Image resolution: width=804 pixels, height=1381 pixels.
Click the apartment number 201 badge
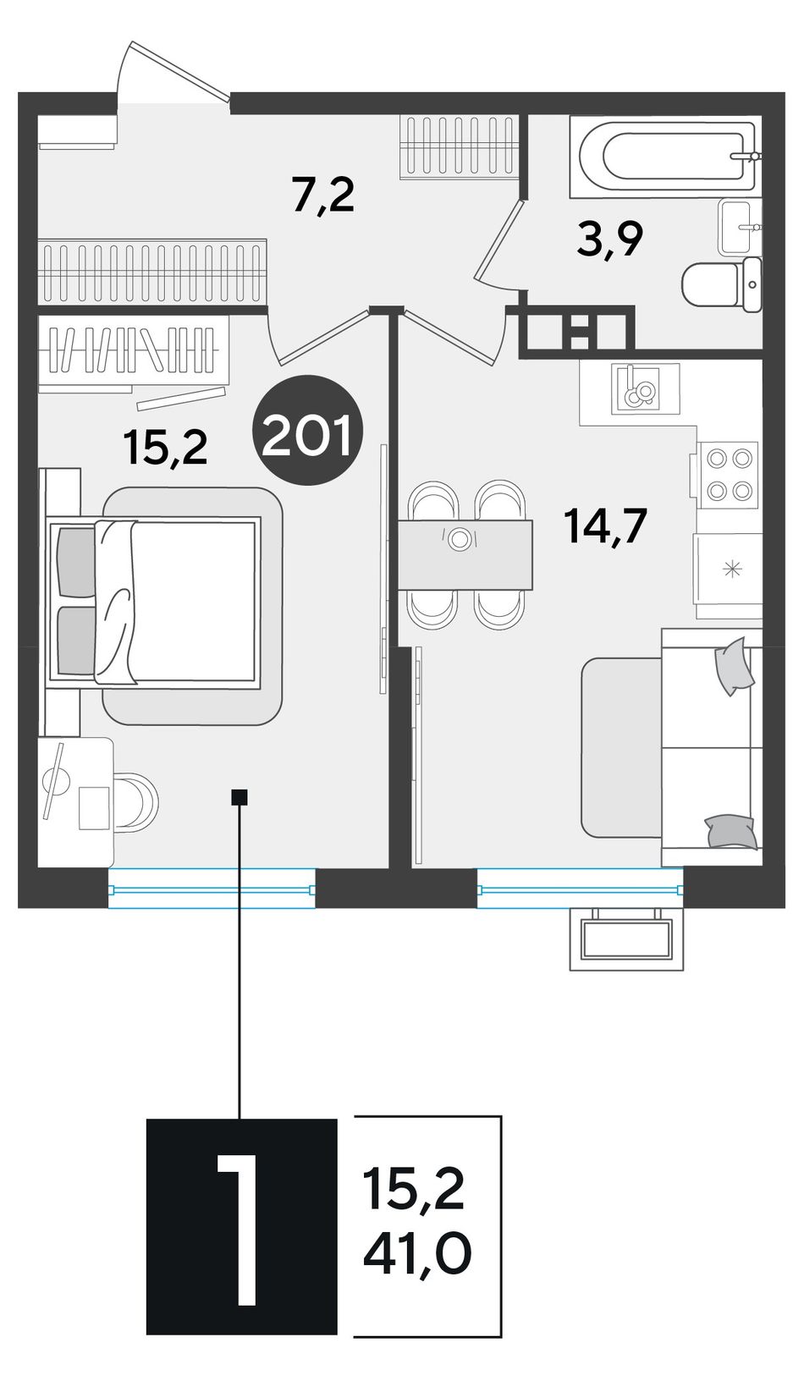pyautogui.click(x=308, y=430)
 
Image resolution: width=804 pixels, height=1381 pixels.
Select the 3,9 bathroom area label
pyautogui.click(x=610, y=241)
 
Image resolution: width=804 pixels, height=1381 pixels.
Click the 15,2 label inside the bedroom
pyautogui.click(x=165, y=448)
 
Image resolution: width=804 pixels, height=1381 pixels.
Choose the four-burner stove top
pyautogui.click(x=728, y=475)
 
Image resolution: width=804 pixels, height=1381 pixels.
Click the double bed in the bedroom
pyautogui.click(x=155, y=603)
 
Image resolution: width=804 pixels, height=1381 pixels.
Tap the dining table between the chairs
pyautogui.click(x=465, y=554)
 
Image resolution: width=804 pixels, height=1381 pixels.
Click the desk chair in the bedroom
pyautogui.click(x=138, y=801)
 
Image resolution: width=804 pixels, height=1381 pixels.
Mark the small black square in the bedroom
pyautogui.click(x=240, y=796)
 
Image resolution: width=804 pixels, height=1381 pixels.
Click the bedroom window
pyautogui.click(x=212, y=889)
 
